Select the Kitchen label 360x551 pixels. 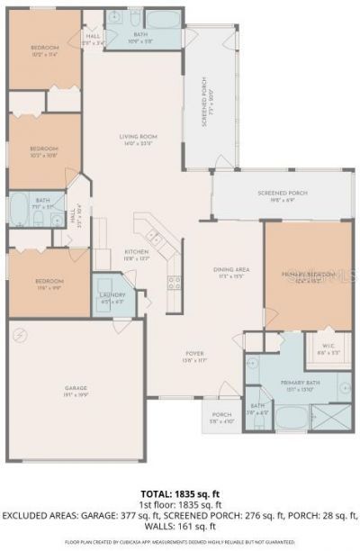pos(136,254)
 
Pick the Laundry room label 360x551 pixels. pos(112,298)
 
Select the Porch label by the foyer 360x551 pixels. pos(221,417)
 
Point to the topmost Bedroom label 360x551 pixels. pos(44,50)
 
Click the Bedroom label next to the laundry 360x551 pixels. pos(49,283)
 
